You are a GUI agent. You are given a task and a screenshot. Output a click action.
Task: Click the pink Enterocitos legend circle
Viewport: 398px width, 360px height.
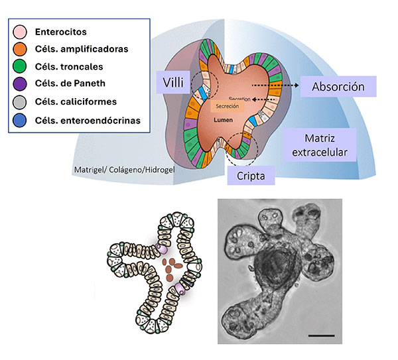(21, 32)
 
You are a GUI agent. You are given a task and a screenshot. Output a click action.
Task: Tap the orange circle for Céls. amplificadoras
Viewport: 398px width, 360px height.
(21, 49)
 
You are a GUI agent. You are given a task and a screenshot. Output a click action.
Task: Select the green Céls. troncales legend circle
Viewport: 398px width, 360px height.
(21, 67)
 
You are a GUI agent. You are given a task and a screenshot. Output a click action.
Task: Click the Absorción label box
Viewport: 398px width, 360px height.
(338, 86)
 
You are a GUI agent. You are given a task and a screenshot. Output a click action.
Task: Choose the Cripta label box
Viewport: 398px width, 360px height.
(249, 176)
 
